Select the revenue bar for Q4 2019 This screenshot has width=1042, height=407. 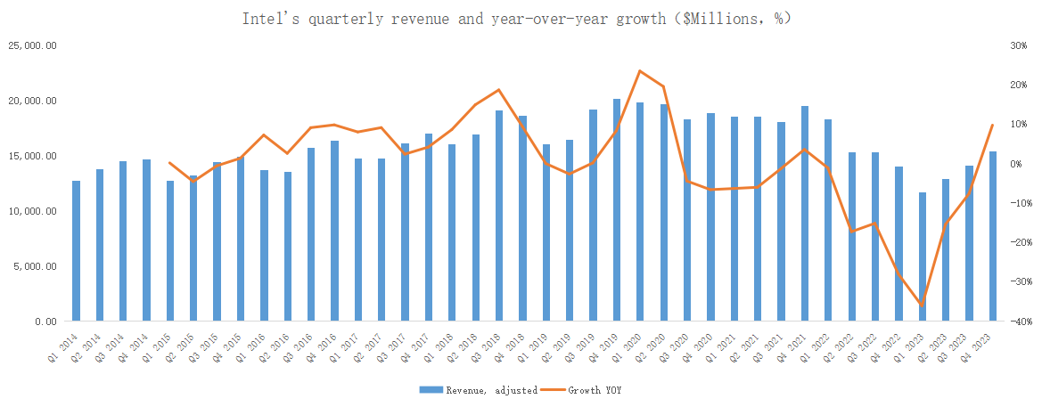coord(617,210)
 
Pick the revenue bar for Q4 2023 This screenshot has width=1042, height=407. coord(993,236)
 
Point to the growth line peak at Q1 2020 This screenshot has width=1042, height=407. coord(640,70)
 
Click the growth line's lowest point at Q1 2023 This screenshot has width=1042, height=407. coord(923,305)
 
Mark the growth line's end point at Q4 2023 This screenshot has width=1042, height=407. coord(993,125)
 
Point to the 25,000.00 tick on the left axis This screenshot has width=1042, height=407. coord(33,45)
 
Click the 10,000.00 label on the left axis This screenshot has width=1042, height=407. coord(33,211)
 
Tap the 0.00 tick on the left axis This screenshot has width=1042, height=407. coord(45,322)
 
